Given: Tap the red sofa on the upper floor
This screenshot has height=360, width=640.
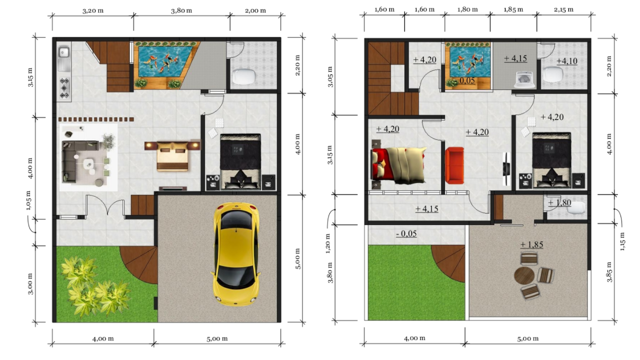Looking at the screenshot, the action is [x=454, y=165].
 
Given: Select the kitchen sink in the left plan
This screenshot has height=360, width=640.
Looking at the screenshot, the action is [x=64, y=58].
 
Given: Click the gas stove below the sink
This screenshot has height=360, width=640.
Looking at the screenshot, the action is [x=64, y=88].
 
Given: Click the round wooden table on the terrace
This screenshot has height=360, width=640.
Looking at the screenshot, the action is [x=524, y=275].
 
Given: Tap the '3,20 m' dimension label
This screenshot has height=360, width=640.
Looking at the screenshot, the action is [x=93, y=11].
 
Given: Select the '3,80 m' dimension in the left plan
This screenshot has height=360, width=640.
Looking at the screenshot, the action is [x=181, y=11].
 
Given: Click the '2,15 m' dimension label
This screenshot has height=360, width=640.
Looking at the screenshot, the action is [x=563, y=9].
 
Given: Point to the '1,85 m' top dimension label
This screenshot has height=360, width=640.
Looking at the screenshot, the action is [x=513, y=9].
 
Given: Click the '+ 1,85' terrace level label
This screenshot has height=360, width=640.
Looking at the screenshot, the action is [x=531, y=244].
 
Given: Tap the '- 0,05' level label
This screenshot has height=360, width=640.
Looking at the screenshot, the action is [x=406, y=233].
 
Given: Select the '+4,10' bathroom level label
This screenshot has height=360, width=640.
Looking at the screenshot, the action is [x=567, y=61].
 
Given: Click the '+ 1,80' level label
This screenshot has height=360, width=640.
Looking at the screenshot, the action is [x=559, y=203].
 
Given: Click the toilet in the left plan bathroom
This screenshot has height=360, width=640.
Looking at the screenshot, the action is [x=243, y=76].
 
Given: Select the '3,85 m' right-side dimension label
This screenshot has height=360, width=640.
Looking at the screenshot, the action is [x=609, y=271].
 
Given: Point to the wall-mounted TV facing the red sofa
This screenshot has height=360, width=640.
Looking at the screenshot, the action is [x=506, y=168].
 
